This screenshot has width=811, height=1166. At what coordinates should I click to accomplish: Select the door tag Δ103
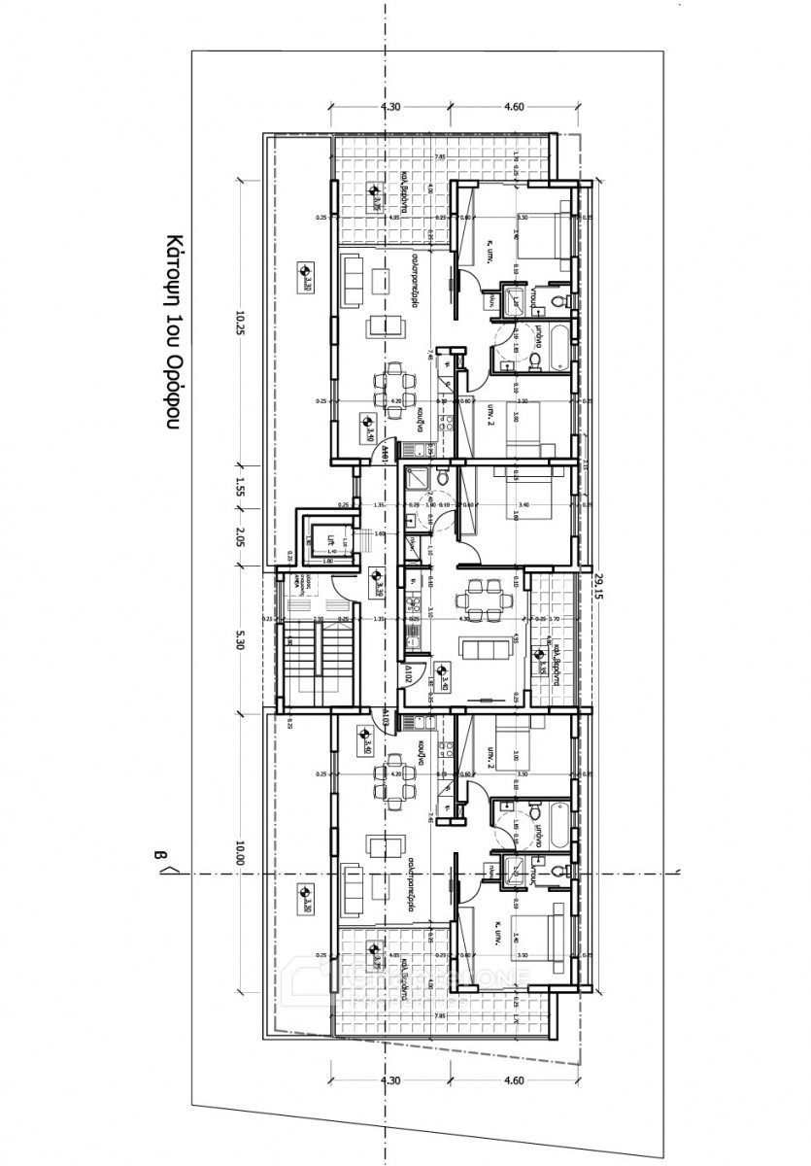click(x=386, y=721)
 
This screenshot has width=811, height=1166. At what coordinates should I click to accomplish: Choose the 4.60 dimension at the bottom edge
click(x=514, y=1080)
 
